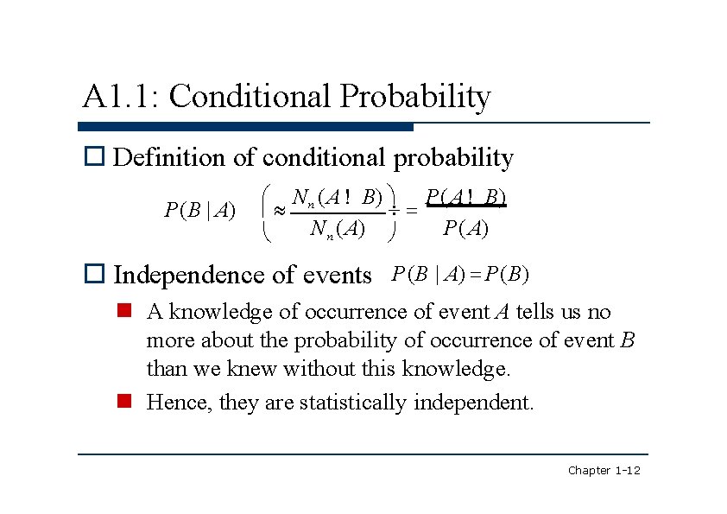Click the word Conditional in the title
pos(250,96)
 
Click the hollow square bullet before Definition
pos(94,157)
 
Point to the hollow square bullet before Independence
pos(94,275)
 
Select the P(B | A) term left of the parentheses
pos(200,210)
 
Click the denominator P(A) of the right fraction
pos(465,228)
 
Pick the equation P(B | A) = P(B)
pos(459,275)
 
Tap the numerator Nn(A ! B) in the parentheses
pos(338,198)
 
